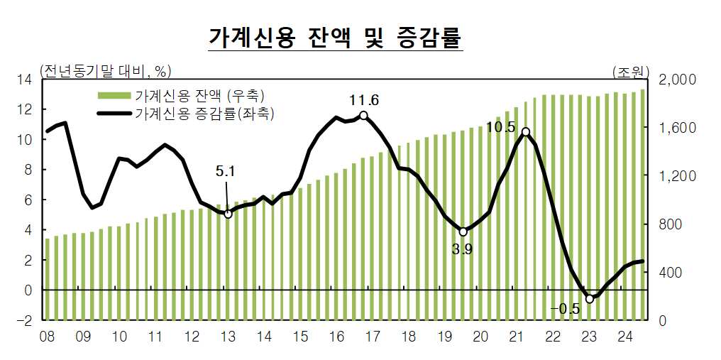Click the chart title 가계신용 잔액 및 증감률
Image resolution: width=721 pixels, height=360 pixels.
click(335, 37)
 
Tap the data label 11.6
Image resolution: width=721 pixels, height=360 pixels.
click(364, 100)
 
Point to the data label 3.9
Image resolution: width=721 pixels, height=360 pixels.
click(462, 249)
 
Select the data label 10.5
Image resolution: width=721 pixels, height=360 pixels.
click(500, 127)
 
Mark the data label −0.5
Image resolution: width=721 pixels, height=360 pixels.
click(565, 308)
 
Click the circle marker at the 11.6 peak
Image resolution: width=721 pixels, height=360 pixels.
click(363, 115)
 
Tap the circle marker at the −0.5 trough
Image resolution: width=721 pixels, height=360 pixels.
click(589, 299)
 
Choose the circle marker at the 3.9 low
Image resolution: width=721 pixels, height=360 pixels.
click(463, 231)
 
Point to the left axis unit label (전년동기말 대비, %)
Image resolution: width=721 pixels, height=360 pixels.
click(106, 70)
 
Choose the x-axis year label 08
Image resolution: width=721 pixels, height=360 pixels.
click(48, 336)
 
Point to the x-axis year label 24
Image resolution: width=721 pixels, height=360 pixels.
click(625, 336)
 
